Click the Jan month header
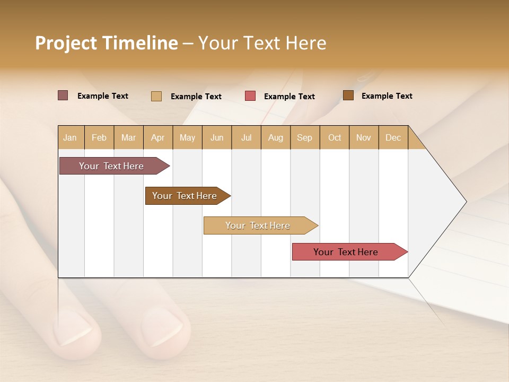point(71,137)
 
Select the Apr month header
point(158,137)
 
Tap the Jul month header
point(246,137)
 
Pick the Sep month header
point(305,137)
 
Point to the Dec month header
point(393,137)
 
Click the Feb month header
point(99,137)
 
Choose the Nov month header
point(364,137)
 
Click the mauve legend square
point(63,95)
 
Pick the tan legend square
point(156,96)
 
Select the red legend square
point(250,96)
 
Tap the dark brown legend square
point(348,95)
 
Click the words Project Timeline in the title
point(106,43)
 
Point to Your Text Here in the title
point(262,43)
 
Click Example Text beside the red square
point(289,97)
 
